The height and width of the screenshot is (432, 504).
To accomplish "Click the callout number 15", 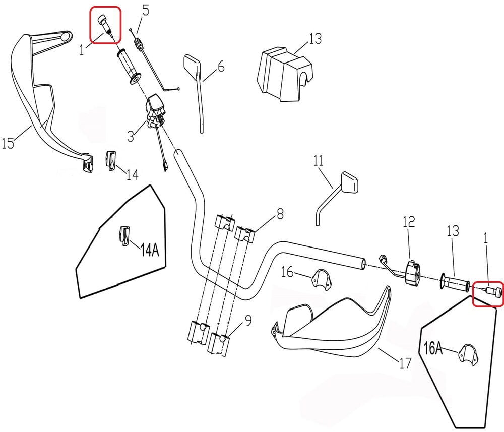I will (8, 144).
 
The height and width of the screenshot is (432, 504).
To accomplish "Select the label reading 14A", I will (149, 250).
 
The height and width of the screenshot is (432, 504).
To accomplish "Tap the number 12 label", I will (408, 221).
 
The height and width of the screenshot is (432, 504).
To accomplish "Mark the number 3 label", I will (130, 136).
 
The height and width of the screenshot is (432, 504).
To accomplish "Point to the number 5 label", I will (146, 10).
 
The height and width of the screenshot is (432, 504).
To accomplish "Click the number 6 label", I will (220, 67).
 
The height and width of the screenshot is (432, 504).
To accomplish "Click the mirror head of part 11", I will (349, 182).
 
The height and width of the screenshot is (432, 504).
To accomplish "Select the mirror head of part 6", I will (191, 64).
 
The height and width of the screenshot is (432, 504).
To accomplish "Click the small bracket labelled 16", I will (319, 278).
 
